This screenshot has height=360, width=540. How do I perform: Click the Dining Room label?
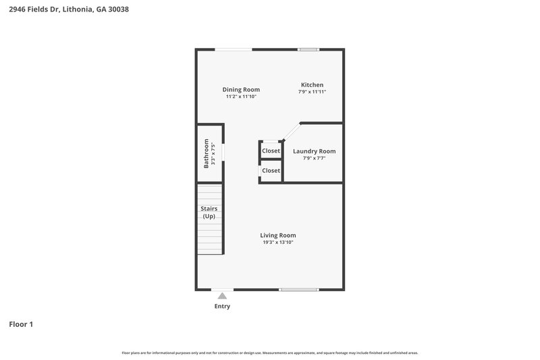click(241, 89)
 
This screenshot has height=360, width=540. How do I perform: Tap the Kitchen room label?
click(312, 84)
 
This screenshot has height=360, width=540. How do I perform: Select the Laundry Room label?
click(314, 151)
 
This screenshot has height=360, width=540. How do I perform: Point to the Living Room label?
click(278, 235)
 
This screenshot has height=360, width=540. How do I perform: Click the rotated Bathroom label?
click(207, 153)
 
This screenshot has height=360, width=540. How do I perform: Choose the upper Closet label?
click(271, 151)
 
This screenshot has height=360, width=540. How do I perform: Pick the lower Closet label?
click(271, 171)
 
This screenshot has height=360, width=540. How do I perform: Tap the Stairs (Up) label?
click(209, 213)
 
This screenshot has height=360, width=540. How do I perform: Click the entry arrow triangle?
click(222, 295)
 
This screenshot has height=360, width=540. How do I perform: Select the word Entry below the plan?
click(222, 307)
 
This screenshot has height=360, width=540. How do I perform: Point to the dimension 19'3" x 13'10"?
click(278, 242)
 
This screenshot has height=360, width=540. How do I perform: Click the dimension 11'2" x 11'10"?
click(241, 97)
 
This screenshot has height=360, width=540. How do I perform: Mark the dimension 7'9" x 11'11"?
click(312, 92)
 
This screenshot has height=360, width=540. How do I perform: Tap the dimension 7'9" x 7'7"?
click(314, 159)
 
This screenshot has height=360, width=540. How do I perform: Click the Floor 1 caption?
click(21, 324)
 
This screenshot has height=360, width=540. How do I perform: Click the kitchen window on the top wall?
click(309, 49)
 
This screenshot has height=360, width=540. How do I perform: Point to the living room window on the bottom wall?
click(299, 290)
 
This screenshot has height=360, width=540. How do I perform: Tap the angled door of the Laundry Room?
click(291, 132)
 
